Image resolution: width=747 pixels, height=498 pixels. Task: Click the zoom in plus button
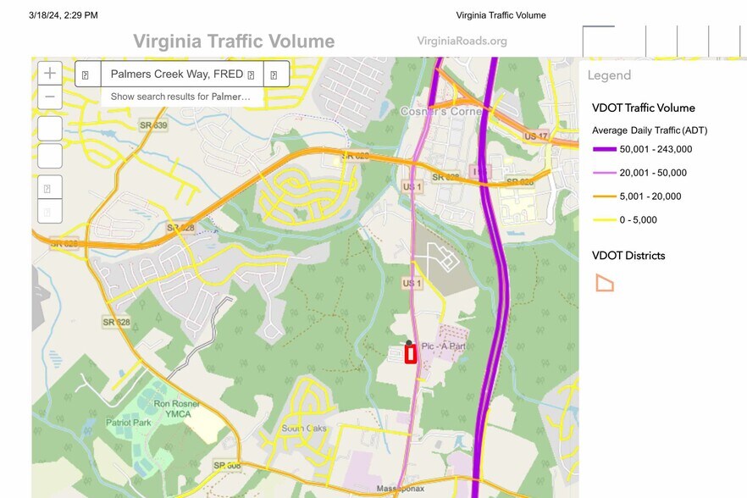50,73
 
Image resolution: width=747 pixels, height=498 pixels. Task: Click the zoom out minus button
50,96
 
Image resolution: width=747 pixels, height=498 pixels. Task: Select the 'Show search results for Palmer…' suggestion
180,97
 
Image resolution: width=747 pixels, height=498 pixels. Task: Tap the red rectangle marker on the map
411,353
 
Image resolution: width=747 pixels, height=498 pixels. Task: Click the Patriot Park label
128,422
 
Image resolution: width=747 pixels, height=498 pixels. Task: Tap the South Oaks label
304,429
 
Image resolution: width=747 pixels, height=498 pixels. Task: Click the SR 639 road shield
153,125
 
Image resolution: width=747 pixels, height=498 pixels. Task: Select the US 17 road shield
535,136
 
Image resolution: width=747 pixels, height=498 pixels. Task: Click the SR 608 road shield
226,466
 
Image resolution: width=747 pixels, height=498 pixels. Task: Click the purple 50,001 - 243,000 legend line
603,149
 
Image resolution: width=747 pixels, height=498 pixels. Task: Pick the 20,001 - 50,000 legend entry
653,173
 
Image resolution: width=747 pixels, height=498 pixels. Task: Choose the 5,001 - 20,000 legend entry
650,196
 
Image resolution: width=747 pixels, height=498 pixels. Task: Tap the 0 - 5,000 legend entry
638,220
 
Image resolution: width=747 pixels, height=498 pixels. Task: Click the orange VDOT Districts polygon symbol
604,283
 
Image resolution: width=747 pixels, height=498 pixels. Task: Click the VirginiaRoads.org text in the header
462,41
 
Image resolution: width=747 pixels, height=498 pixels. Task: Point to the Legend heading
609,75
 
